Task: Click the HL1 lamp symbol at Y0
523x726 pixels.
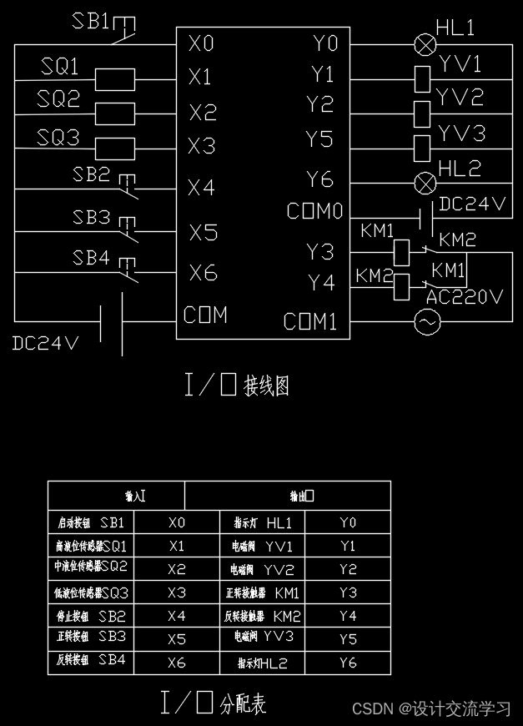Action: (x=426, y=44)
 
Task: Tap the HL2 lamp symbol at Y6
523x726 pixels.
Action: (x=426, y=181)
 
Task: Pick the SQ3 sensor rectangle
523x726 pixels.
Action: (x=116, y=149)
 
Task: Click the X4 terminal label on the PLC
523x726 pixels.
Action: (x=202, y=189)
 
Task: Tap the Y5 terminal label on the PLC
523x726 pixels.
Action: (x=319, y=139)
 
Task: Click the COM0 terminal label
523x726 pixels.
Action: (x=314, y=212)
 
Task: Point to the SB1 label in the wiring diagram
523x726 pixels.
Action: (x=91, y=21)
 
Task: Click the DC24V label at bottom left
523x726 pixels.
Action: (x=46, y=343)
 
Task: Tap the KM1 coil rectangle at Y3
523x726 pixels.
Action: (x=402, y=250)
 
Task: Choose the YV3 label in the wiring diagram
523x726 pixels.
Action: (x=462, y=134)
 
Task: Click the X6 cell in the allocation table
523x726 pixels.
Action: (x=176, y=663)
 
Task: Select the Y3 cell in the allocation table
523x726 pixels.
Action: (x=348, y=593)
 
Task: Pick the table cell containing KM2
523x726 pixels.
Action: (x=263, y=616)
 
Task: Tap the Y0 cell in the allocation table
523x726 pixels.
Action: (x=348, y=523)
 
